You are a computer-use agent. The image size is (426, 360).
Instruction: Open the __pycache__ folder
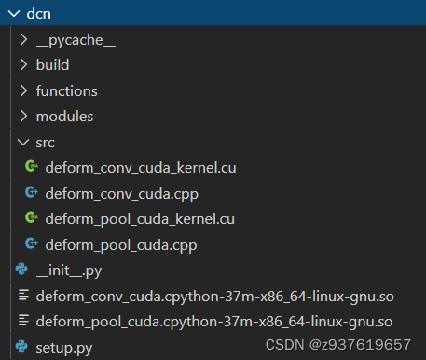point(76,40)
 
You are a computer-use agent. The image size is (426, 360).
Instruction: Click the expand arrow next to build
point(23,66)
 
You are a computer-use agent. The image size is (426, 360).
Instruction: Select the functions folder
point(66,91)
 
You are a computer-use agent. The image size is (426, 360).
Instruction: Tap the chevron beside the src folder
point(23,143)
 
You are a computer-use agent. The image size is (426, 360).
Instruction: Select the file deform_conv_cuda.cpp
point(121,194)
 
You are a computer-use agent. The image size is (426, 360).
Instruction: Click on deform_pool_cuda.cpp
point(121,245)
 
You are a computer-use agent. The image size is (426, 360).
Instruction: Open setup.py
point(63,348)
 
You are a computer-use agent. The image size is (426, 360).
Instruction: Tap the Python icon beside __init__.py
point(22,270)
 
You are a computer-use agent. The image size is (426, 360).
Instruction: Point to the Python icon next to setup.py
point(22,348)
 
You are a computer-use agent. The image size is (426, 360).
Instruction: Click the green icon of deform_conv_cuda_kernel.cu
point(32,168)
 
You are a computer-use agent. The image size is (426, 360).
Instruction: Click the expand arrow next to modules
point(23,117)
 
